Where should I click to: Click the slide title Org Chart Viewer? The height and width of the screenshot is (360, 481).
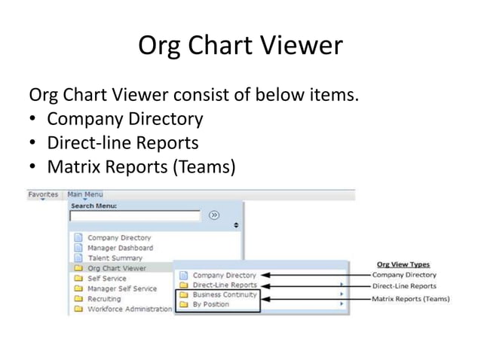click(x=240, y=47)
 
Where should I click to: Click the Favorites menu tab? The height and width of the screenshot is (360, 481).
click(x=43, y=194)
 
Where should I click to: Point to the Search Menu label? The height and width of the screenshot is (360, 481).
click(x=93, y=205)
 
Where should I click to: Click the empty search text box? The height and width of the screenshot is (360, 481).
click(x=135, y=215)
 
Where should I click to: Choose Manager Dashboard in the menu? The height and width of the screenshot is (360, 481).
click(x=120, y=248)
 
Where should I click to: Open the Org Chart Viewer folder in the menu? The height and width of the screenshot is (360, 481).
click(x=117, y=267)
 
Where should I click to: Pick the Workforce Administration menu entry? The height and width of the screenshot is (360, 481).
click(x=129, y=309)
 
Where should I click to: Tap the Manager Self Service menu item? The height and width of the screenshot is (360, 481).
click(x=122, y=288)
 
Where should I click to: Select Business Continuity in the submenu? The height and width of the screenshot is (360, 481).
click(x=225, y=295)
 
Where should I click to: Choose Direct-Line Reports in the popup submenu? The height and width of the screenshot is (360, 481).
click(x=225, y=285)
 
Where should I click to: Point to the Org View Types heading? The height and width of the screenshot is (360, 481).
click(x=404, y=264)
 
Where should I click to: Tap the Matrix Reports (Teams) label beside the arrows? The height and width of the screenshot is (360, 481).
click(x=410, y=299)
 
